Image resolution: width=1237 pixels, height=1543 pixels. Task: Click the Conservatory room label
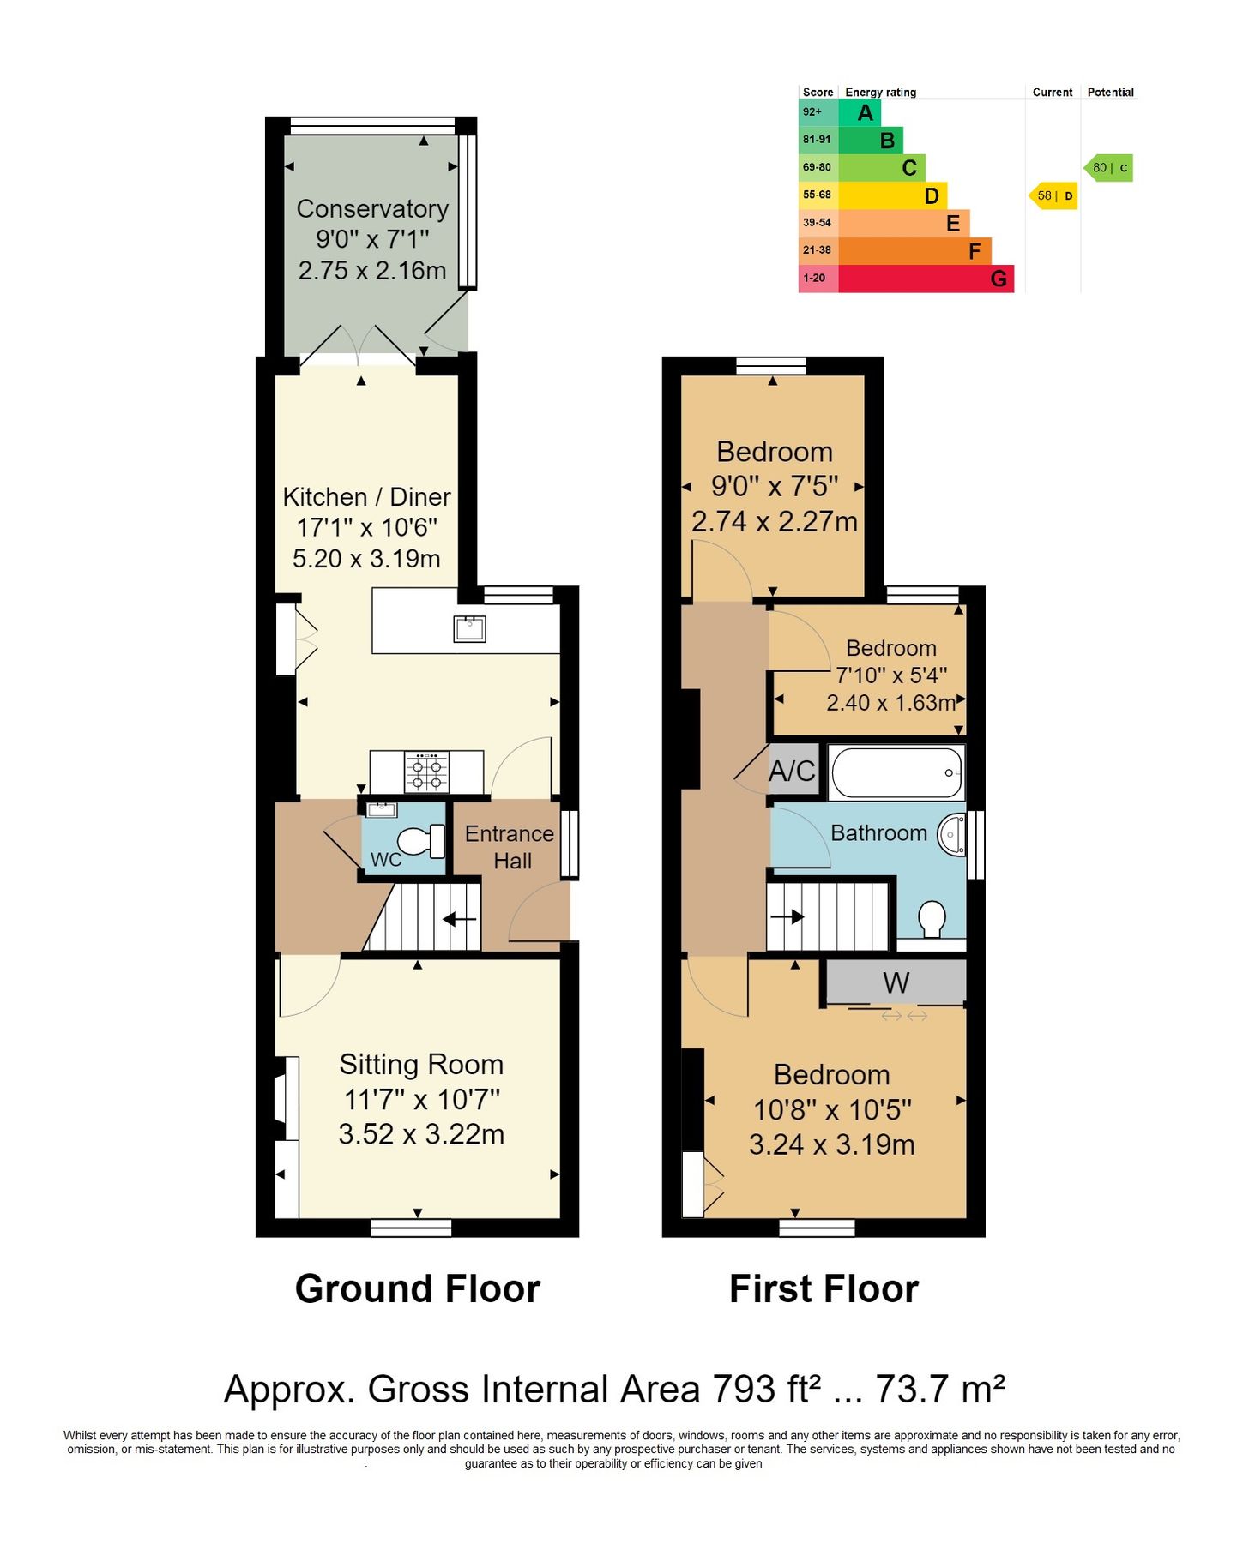coord(372,209)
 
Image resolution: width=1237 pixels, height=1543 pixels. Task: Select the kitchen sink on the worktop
coord(469,628)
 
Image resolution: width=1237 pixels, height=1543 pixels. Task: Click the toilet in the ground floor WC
coord(419,841)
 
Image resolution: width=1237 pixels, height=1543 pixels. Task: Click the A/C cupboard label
coord(792,771)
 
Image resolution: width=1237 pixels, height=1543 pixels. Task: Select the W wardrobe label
coord(896,982)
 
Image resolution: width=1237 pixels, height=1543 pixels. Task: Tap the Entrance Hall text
coord(510,847)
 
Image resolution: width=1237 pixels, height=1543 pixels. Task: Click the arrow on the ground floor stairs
coord(459,920)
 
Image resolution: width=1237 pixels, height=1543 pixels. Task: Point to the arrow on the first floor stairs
coord(787,916)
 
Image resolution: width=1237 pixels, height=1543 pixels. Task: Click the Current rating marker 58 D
coord(1053,195)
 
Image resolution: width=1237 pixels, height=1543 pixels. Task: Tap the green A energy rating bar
coord(859,112)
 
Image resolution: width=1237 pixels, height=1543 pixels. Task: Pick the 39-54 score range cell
coord(817,223)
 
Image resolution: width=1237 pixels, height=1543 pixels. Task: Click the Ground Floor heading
coord(417,1288)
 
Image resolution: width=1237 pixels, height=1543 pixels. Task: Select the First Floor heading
coord(824,1288)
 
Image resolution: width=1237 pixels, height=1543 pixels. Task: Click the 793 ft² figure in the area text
coord(766,1390)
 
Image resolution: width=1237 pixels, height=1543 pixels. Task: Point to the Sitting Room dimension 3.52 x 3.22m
coord(421,1134)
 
